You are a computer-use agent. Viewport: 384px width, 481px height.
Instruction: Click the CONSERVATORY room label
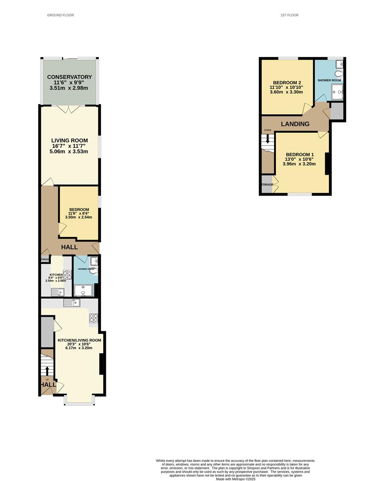[69, 77]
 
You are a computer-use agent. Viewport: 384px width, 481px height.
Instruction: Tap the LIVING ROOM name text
[69, 140]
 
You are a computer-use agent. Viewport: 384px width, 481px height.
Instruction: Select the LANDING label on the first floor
[295, 124]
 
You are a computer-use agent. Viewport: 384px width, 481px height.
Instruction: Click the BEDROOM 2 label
[287, 82]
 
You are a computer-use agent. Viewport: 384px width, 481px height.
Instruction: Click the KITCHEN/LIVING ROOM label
[79, 340]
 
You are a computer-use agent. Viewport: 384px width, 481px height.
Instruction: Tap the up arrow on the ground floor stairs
[47, 371]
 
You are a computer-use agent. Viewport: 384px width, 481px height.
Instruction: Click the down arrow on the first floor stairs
[267, 139]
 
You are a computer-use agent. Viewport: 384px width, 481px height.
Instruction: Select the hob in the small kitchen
[68, 274]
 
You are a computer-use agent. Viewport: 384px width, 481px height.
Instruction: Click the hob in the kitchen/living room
[94, 318]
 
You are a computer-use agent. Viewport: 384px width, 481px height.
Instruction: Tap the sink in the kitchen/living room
[71, 303]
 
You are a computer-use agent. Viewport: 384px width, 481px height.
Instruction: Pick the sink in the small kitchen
[58, 292]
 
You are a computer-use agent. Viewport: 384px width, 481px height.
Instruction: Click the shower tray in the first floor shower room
[337, 92]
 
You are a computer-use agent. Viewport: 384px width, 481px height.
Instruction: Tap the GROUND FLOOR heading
[61, 15]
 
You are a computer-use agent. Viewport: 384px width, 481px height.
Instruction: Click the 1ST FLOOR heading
[289, 15]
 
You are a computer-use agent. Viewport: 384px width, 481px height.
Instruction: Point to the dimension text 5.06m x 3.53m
[69, 151]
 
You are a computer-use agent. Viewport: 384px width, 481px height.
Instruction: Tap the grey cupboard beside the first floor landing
[337, 111]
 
